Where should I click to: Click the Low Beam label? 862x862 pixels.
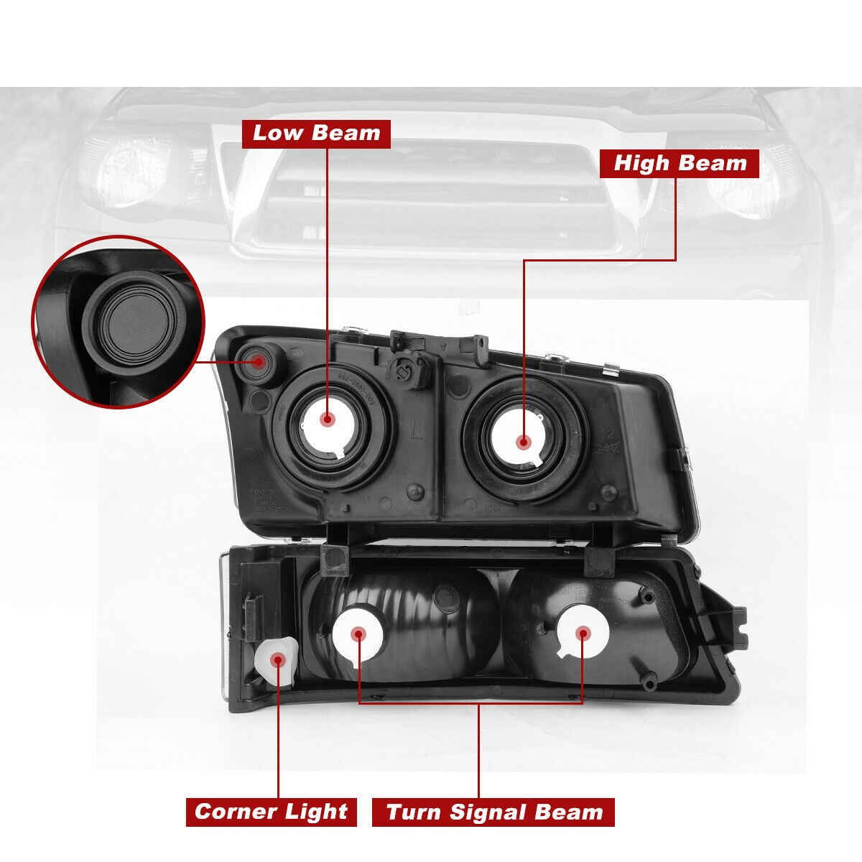(x=316, y=134)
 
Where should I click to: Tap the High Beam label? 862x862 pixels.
(x=680, y=163)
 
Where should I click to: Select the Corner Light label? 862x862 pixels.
(x=271, y=812)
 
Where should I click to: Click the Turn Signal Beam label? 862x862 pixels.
(x=493, y=812)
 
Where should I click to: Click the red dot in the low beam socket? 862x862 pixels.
(x=328, y=420)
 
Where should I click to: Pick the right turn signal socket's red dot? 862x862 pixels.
(x=583, y=633)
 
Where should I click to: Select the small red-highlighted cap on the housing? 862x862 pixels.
(x=256, y=362)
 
